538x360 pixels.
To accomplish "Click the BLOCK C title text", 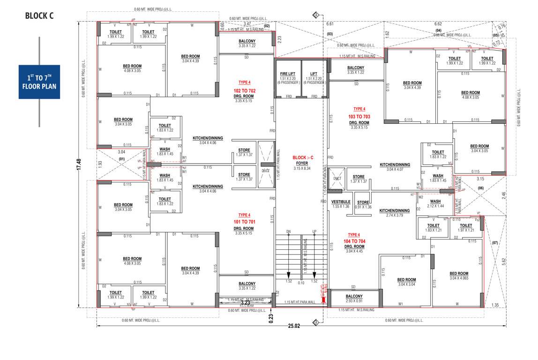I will (39, 15).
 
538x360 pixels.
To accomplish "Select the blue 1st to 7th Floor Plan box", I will (39, 82).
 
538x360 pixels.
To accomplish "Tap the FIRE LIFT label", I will (287, 74).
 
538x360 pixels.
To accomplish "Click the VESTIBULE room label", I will (340, 202).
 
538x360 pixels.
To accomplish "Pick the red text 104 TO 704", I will (354, 241).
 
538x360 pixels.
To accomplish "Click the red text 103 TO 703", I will (359, 116).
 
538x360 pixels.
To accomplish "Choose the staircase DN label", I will (289, 232).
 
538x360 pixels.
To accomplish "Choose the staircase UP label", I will (314, 232).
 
